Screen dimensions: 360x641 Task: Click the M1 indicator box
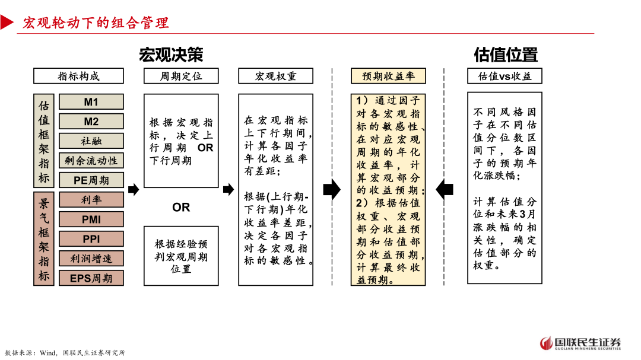[x=91, y=102]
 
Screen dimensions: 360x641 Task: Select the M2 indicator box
[x=91, y=122]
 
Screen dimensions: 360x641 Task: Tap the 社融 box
[x=91, y=141]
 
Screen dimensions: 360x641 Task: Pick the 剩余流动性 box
[x=91, y=160]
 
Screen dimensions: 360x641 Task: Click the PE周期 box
[x=91, y=180]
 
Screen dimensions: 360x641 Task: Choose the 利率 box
[x=91, y=200]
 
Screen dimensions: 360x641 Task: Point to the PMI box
[x=91, y=219]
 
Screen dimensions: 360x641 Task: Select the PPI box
[x=91, y=239]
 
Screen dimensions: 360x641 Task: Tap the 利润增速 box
[x=91, y=259]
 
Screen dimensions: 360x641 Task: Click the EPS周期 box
[x=91, y=278]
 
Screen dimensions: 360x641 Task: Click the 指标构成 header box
[x=78, y=76]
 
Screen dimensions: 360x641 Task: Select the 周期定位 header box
[x=181, y=76]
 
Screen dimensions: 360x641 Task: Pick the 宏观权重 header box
[x=275, y=76]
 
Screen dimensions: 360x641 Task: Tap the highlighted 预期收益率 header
[x=388, y=76]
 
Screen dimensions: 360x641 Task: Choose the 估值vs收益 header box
[x=504, y=76]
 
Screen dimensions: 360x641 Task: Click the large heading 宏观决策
[x=171, y=55]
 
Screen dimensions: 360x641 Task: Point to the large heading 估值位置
[x=506, y=55]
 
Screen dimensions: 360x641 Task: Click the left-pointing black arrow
[x=445, y=190]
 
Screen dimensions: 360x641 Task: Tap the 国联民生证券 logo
[x=580, y=343]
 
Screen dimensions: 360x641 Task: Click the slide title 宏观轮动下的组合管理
[x=96, y=23]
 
